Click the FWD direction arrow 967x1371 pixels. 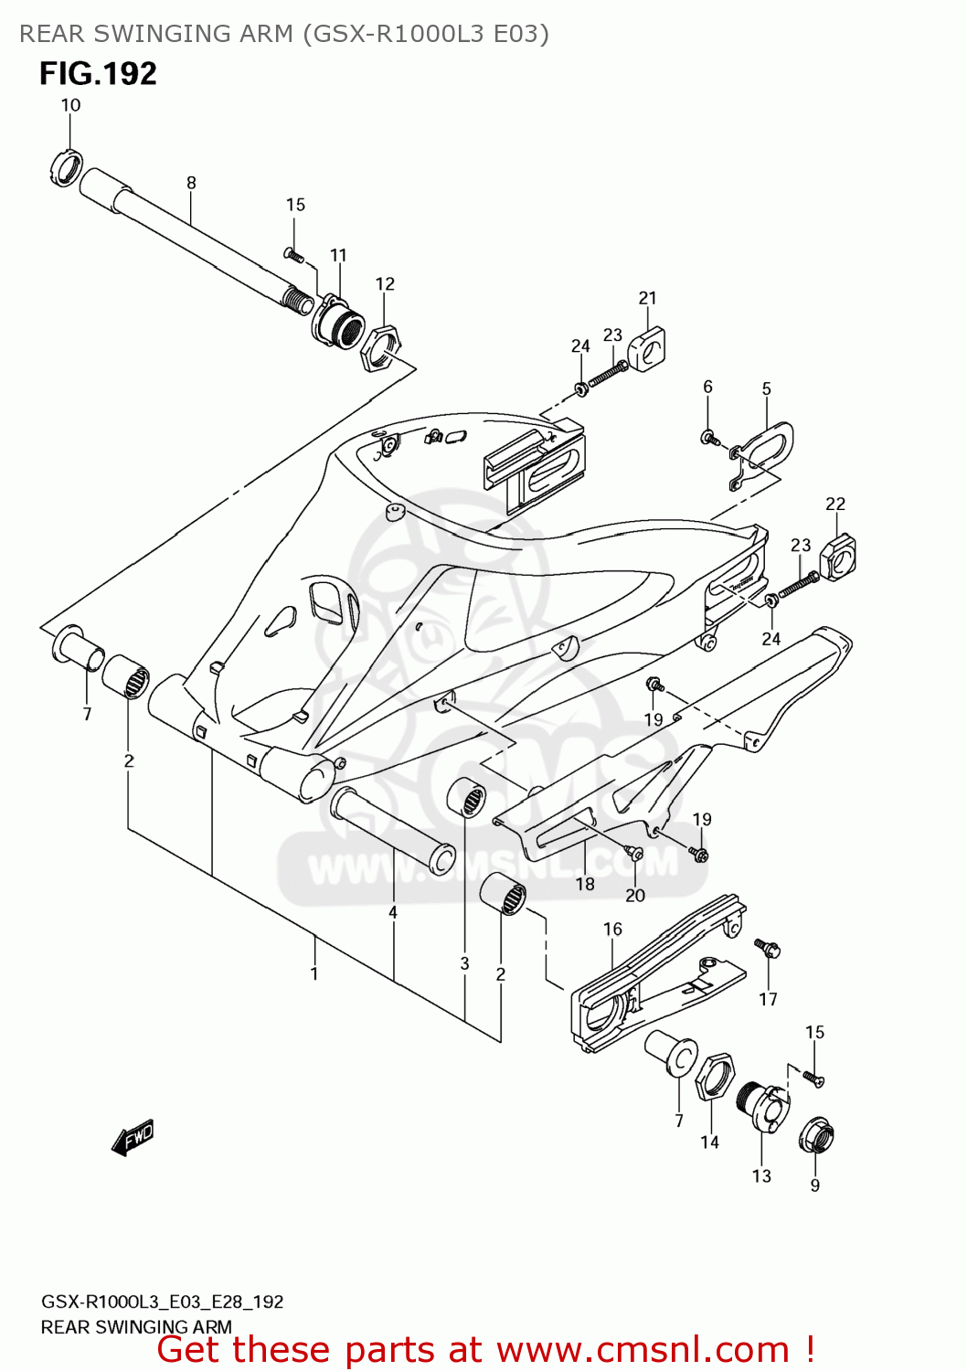coord(133,1138)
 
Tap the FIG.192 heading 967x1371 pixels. coord(98,74)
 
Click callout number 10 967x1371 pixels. coord(70,105)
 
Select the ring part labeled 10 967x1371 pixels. coord(64,167)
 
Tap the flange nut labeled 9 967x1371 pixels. coord(816,1136)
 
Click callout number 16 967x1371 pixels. coord(612,929)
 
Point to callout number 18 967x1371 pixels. coord(585,884)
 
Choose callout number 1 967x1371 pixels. coord(314,973)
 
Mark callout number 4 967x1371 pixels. coord(393,912)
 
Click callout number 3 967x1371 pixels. coord(464,963)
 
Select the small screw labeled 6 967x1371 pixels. coord(708,438)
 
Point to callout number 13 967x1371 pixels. coord(761,1176)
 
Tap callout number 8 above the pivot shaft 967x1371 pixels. coord(191,183)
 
